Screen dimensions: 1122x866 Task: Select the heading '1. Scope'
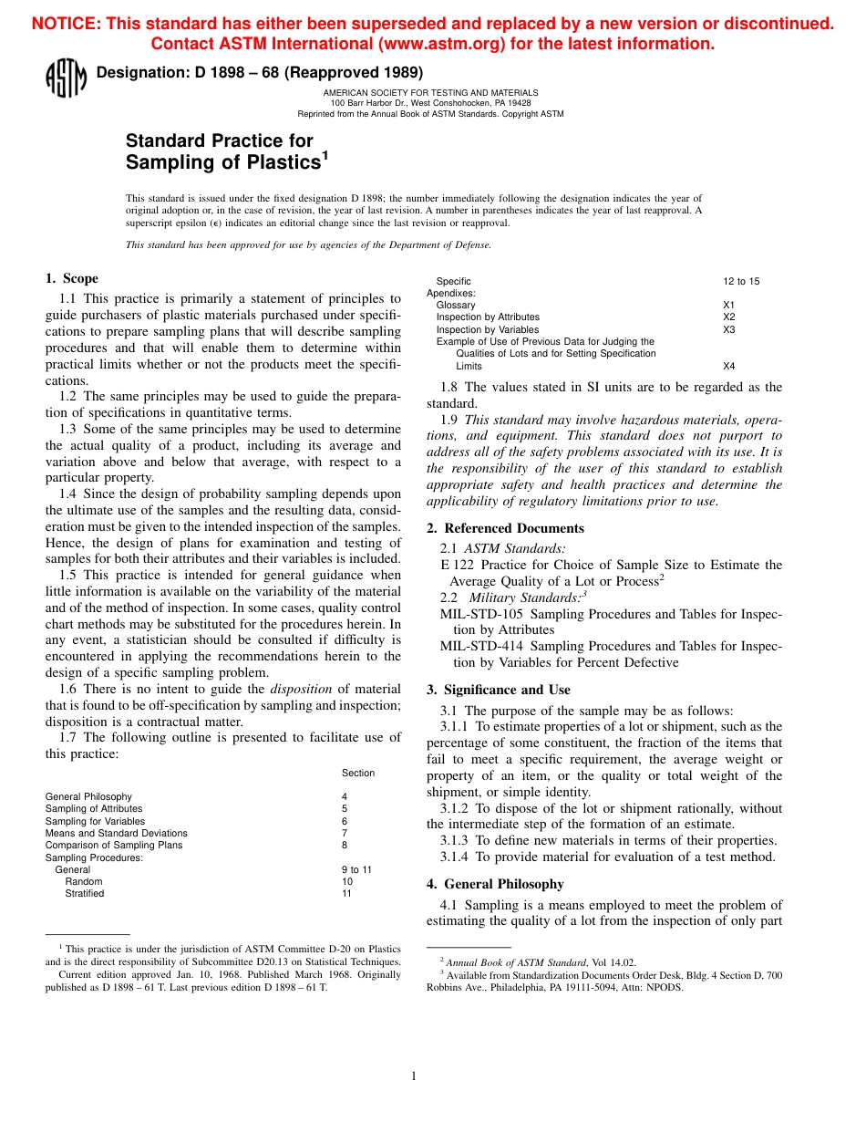tap(72, 278)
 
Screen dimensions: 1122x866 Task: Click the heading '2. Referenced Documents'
tap(505, 528)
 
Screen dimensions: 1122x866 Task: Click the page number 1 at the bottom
tap(414, 1076)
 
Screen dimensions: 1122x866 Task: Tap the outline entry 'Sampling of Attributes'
tap(94, 808)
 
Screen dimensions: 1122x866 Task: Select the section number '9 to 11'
tap(356, 869)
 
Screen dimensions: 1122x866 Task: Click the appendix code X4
tap(728, 366)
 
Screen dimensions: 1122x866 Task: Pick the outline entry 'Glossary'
tap(456, 306)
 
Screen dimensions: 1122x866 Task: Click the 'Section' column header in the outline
tap(358, 773)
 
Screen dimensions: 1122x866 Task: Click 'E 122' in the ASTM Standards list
tap(457, 565)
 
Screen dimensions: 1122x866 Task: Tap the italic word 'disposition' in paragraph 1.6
tap(304, 689)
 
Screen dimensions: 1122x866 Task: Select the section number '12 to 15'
tap(741, 281)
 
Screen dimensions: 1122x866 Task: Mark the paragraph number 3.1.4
tap(454, 857)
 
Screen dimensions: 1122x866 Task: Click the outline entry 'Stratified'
tap(84, 894)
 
